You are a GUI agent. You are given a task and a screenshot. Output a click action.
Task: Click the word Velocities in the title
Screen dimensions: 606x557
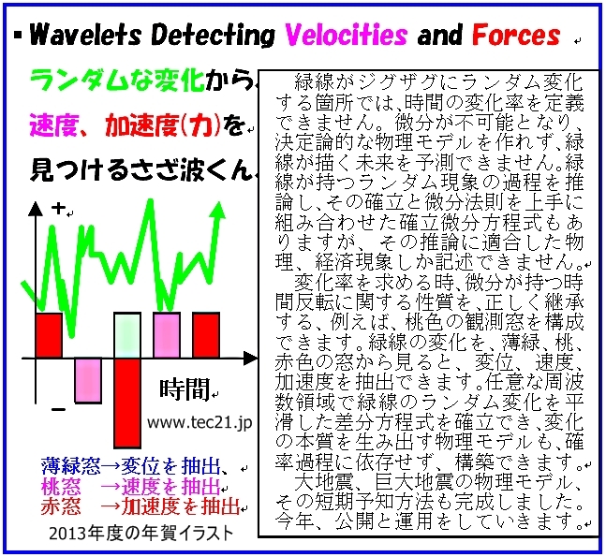pyautogui.click(x=346, y=35)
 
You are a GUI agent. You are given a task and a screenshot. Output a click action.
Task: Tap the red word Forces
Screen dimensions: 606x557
pyautogui.click(x=516, y=35)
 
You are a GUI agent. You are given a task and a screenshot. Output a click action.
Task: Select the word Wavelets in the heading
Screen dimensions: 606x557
pyautogui.click(x=86, y=35)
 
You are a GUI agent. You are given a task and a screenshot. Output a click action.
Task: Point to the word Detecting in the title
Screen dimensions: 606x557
pyautogui.click(x=213, y=36)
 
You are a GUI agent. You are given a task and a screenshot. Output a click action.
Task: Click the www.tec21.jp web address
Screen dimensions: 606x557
pyautogui.click(x=200, y=422)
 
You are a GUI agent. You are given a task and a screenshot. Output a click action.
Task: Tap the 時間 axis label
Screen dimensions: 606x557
pyautogui.click(x=185, y=389)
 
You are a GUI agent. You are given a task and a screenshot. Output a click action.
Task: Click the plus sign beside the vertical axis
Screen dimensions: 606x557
pyautogui.click(x=58, y=209)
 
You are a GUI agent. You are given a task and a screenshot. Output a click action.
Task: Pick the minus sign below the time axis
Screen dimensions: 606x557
pyautogui.click(x=58, y=409)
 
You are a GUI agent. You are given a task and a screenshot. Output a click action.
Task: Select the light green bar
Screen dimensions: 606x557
pyautogui.click(x=127, y=335)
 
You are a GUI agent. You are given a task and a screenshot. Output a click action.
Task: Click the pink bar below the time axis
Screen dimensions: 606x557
pyautogui.click(x=88, y=380)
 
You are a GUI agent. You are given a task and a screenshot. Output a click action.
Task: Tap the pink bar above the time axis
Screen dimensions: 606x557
pyautogui.click(x=167, y=335)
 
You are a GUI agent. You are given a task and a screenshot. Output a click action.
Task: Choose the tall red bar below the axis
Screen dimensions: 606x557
pyautogui.click(x=127, y=403)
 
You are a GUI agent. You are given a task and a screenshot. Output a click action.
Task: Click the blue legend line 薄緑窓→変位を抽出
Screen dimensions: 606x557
pyautogui.click(x=131, y=466)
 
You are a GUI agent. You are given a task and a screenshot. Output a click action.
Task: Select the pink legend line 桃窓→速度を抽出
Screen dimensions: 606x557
pyautogui.click(x=130, y=487)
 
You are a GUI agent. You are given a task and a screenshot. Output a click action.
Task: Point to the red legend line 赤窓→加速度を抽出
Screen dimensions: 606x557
pyautogui.click(x=140, y=506)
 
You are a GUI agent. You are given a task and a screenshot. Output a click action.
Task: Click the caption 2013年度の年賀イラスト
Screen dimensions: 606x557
pyautogui.click(x=141, y=534)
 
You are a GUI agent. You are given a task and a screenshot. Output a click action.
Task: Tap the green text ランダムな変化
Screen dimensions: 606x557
pyautogui.click(x=117, y=80)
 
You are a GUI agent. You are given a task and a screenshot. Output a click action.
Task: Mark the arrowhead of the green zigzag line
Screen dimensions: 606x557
pyautogui.click(x=219, y=211)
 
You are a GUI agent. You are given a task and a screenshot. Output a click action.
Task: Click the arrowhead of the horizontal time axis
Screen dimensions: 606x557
pyautogui.click(x=250, y=358)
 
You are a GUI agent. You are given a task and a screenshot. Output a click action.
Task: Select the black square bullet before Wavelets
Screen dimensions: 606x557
pyautogui.click(x=18, y=35)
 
